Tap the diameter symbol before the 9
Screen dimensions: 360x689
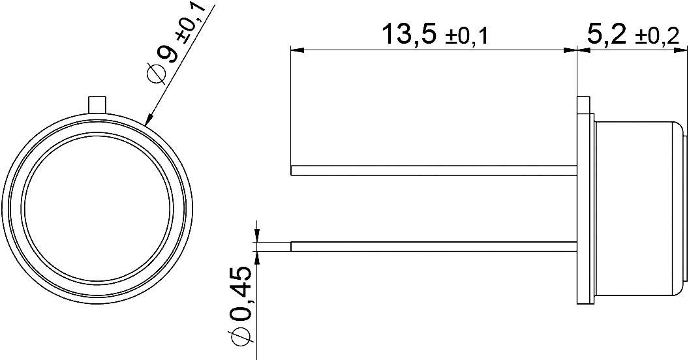pos(155,74)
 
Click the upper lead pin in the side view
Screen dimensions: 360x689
pos(434,171)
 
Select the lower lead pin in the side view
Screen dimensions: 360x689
pos(434,247)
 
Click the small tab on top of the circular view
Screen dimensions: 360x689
pos(97,103)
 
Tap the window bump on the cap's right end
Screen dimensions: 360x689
pos(684,209)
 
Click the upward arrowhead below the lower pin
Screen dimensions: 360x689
pos(257,258)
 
